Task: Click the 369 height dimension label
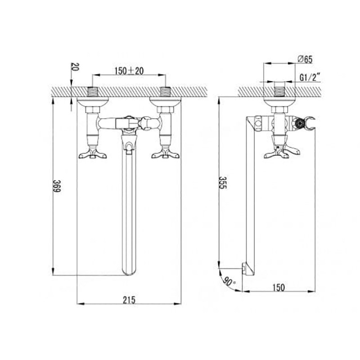57,186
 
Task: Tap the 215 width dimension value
129,300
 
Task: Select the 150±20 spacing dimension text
129,71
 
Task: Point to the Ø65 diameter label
305,59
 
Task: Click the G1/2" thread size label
310,77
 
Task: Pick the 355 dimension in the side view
222,183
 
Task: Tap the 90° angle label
229,281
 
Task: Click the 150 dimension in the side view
279,288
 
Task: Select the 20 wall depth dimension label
75,67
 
